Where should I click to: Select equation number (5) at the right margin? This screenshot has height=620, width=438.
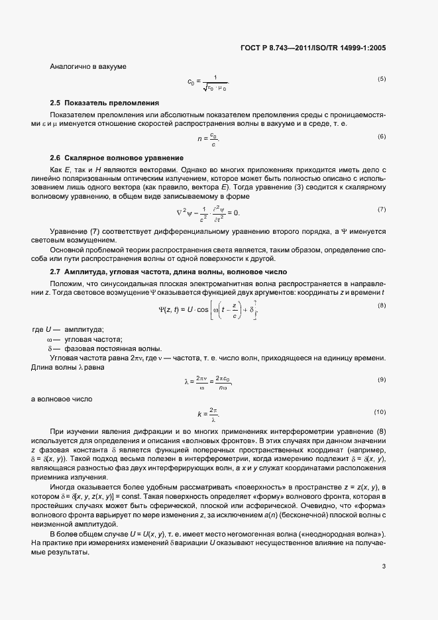pos(382,79)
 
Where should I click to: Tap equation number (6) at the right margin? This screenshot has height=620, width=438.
pos(382,136)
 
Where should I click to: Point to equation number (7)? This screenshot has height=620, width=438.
pos(382,209)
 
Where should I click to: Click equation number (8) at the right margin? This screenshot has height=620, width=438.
pos(382,286)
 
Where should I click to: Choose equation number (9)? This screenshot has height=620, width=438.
pos(382,380)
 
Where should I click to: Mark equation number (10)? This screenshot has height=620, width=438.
pos(380,412)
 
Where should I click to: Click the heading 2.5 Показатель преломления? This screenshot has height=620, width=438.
pos(105,103)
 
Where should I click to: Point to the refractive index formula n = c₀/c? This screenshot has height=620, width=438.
pos(209,138)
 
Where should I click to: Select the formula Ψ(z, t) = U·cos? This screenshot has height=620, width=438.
pos(208,290)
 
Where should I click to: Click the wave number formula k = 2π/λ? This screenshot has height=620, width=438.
pos(209,415)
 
